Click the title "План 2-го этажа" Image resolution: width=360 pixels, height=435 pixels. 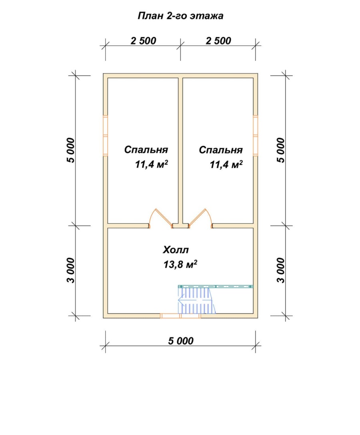pyautogui.click(x=180, y=16)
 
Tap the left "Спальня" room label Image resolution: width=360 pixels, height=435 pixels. pyautogui.click(x=146, y=150)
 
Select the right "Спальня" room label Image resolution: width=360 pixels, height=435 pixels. pyautogui.click(x=221, y=150)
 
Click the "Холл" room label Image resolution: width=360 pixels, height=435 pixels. pyautogui.click(x=176, y=250)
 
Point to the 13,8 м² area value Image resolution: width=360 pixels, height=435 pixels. pyautogui.click(x=180, y=264)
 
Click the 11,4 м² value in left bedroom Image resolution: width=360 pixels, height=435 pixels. pyautogui.click(x=152, y=164)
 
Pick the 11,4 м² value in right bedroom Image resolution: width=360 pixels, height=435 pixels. pyautogui.click(x=226, y=164)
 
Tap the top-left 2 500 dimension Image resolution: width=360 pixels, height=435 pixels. pyautogui.click(x=143, y=41)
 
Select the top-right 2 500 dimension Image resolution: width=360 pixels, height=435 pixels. pyautogui.click(x=218, y=41)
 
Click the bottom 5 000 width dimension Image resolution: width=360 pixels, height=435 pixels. pyautogui.click(x=181, y=341)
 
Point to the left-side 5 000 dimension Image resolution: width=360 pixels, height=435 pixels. pyautogui.click(x=71, y=150)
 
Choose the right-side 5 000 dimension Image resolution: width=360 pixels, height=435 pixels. pyautogui.click(x=281, y=150)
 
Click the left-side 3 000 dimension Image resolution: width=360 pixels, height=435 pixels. pyautogui.click(x=71, y=271)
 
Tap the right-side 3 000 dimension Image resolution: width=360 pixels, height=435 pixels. pyautogui.click(x=281, y=271)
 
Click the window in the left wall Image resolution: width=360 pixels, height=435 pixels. pyautogui.click(x=105, y=136)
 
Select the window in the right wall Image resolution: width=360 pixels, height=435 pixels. pyautogui.click(x=256, y=136)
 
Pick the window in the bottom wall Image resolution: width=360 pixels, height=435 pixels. pyautogui.click(x=180, y=316)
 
